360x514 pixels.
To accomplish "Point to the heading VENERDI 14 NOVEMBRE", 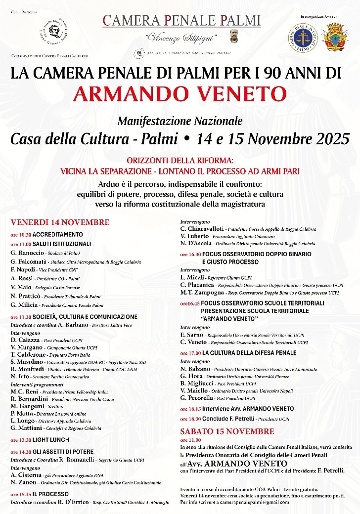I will pyautogui.click(x=60, y=222).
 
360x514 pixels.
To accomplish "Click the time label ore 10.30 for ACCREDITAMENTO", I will pyautogui.click(x=21, y=235).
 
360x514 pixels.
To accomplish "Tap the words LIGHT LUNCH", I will pyautogui.click(x=51, y=440).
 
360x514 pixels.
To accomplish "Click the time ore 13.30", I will pyautogui.click(x=21, y=440).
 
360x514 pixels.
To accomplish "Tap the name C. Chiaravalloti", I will pyautogui.click(x=202, y=229).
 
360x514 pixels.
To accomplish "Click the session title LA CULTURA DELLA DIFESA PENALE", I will pyautogui.click(x=249, y=353).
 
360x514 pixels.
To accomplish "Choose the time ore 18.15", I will pyautogui.click(x=190, y=409).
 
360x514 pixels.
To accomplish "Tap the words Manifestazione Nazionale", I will pyautogui.click(x=180, y=121).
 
